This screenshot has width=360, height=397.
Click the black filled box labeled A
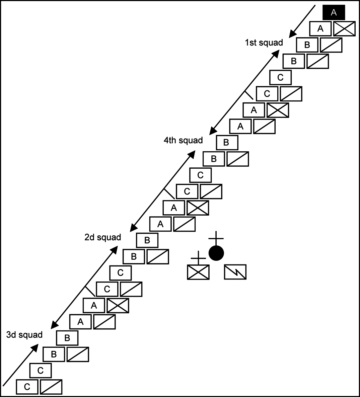pos(333,12)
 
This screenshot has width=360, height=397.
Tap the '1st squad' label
pos(264,43)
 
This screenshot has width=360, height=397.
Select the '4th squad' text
pos(183,140)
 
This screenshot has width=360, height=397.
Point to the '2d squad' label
pos(102,237)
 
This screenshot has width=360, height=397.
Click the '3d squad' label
pos(24,335)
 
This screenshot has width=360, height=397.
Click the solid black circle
pos(216,253)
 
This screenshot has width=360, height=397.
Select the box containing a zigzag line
pos(235,272)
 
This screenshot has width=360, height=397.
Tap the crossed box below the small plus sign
pos(198,272)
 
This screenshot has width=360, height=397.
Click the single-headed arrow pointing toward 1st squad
pos(302,21)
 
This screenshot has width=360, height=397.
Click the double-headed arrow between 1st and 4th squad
pos(245,91)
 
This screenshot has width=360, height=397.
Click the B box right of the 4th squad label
pos(227,143)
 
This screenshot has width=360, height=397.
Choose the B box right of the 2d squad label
pos(147,240)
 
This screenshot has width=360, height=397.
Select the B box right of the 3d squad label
pos(67,338)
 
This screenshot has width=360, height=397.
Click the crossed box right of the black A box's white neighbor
pos(344,28)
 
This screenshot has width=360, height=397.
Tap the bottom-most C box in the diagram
pos(27,387)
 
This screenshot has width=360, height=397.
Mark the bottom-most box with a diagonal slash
pos(51,387)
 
